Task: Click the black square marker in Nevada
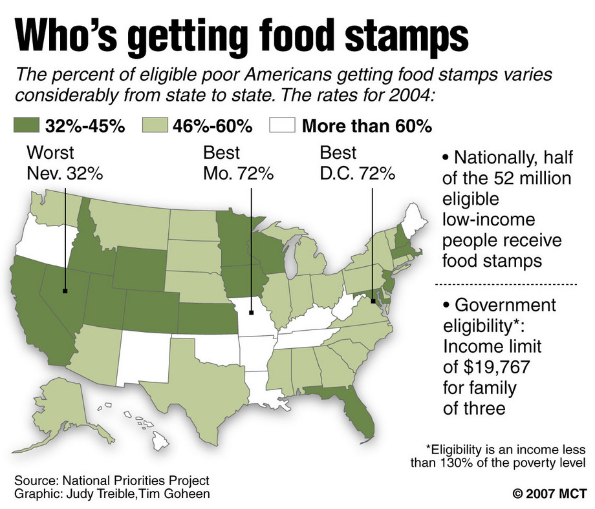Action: pos(65,290)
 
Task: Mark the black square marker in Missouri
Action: pos(250,315)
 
